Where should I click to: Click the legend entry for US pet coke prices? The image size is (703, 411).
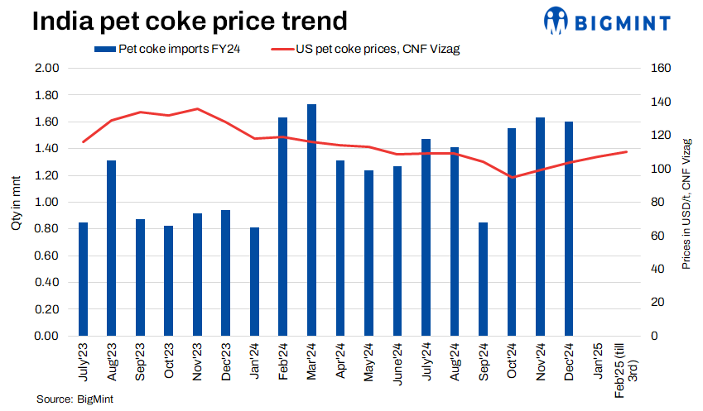[365, 49]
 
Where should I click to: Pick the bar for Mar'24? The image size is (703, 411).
[311, 220]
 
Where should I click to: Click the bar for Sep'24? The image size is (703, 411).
[484, 279]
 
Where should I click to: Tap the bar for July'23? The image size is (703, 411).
[83, 279]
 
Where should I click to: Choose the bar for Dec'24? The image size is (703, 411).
[569, 229]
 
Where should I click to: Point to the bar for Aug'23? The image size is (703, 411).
[111, 248]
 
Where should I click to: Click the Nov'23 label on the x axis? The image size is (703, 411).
[196, 361]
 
